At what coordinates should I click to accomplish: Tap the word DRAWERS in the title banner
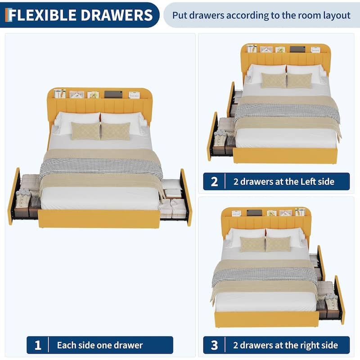tap(117, 15)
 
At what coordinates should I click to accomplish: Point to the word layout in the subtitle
tap(337, 16)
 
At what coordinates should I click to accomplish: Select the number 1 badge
tap(38, 345)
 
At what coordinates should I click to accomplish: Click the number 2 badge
tap(214, 182)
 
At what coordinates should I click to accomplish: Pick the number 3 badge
tap(214, 345)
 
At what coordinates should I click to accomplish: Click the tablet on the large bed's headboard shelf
tap(113, 94)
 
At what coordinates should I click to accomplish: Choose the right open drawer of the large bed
tap(175, 198)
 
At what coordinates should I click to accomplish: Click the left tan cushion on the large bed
tap(85, 131)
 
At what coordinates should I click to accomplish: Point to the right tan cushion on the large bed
tap(116, 131)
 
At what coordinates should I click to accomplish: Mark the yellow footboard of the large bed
tap(99, 219)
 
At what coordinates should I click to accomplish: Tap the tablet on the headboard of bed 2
tap(297, 49)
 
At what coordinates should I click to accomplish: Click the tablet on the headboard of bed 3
tap(254, 212)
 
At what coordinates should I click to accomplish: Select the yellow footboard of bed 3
tap(267, 319)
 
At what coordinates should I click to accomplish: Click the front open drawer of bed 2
tap(221, 137)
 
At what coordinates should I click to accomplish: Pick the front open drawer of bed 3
tap(331, 300)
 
